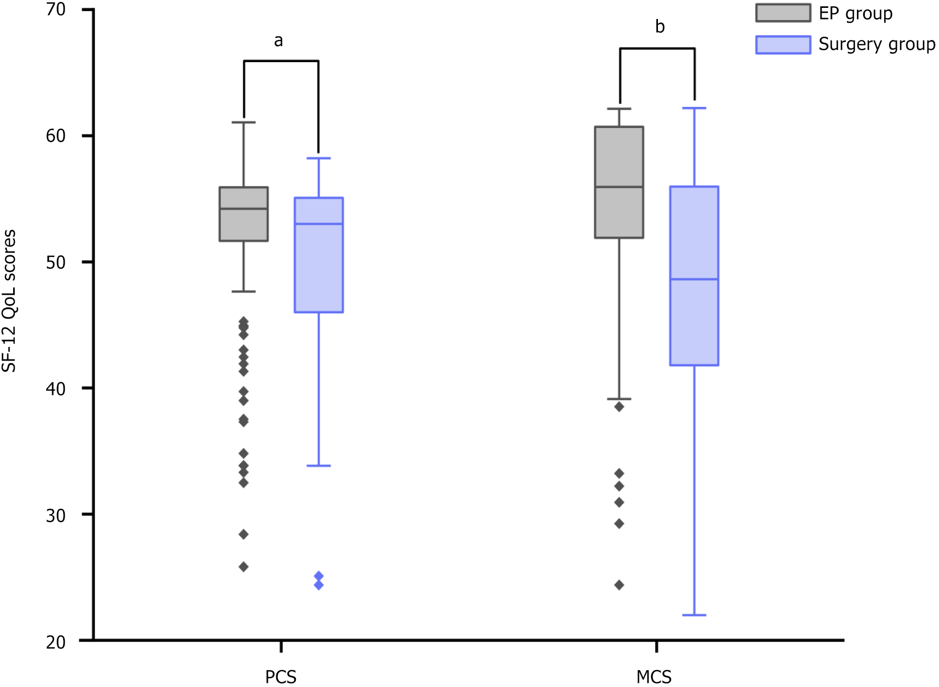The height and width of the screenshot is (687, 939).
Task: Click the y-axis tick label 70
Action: coord(56,9)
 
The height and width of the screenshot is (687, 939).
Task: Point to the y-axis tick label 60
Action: coord(56,136)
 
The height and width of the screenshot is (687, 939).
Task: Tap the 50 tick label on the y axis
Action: coord(56,262)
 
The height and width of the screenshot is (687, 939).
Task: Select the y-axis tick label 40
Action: coord(56,389)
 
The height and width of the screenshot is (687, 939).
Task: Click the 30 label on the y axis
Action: coord(56,515)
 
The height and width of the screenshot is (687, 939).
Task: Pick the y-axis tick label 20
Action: coord(56,642)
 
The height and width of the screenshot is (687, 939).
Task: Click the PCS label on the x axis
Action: coord(281,676)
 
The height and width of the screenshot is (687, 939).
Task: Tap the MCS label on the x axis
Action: coord(654,676)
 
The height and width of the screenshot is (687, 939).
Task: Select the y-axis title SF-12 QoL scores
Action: coord(9,301)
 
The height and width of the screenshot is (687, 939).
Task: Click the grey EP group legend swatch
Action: coord(783,13)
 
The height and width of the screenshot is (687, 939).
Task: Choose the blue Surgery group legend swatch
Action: coord(783,45)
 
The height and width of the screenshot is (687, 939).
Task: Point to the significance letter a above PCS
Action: coord(278,41)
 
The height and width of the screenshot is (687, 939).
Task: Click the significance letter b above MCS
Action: coord(660,26)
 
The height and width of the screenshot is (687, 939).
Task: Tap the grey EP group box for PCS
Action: coord(244,214)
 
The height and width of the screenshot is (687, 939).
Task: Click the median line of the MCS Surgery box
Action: coord(694,279)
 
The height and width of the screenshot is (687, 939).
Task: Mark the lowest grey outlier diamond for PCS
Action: coord(244,566)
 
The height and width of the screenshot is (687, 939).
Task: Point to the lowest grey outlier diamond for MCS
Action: coord(619,585)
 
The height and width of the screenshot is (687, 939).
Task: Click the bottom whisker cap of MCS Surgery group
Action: coord(694,615)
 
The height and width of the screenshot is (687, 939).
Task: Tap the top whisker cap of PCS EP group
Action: coord(244,122)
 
